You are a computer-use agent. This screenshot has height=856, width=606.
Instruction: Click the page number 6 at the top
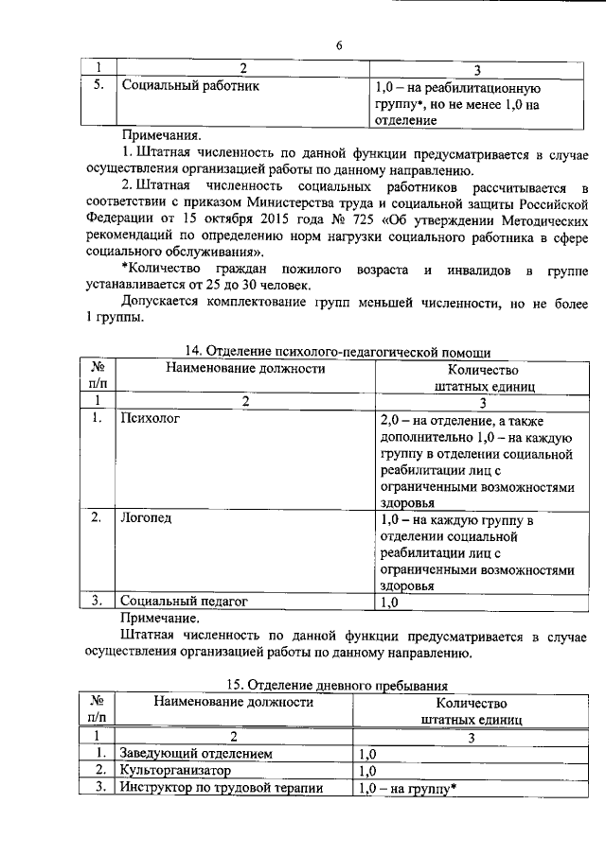point(337,46)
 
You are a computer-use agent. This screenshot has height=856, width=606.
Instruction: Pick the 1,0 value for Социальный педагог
point(389,600)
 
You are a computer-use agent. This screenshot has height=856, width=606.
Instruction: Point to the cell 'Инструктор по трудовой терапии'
point(222,788)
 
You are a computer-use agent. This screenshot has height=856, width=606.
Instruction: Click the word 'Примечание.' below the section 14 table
point(160,616)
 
